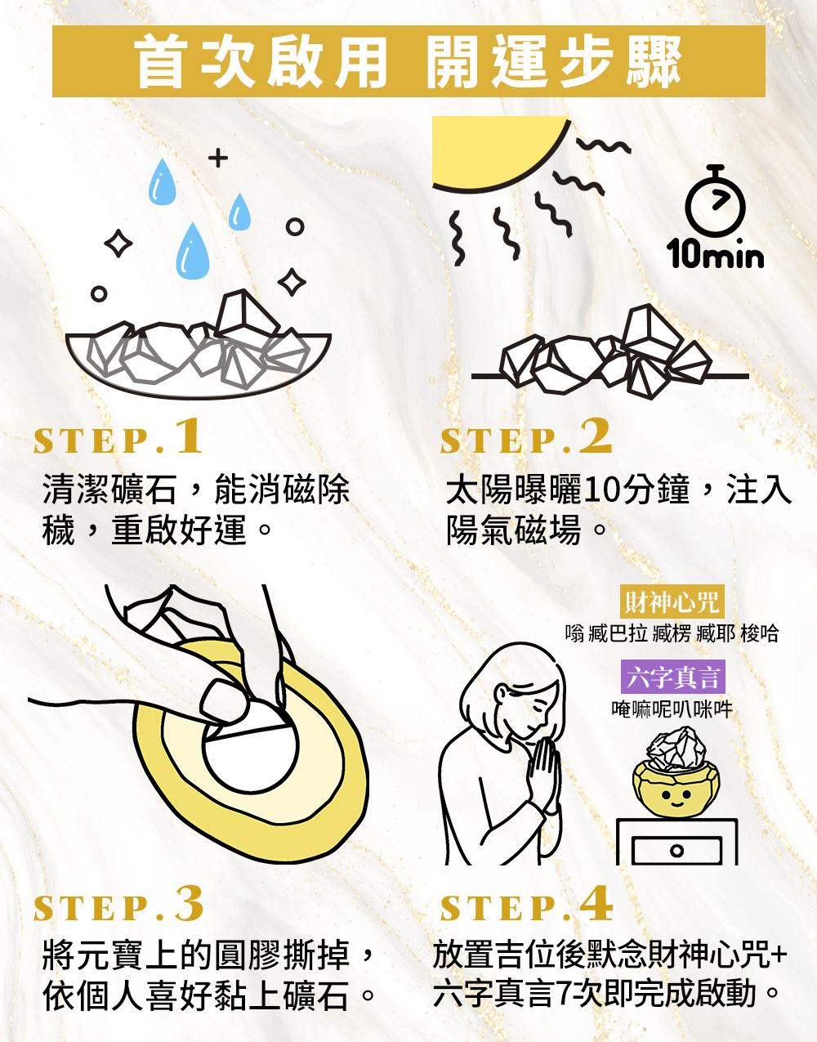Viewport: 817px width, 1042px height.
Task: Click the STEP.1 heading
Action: pos(118,436)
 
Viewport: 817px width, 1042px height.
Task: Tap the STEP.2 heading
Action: pos(526,436)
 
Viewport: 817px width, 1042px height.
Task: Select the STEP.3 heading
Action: pos(118,903)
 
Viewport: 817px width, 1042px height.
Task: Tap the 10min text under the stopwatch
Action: pos(715,254)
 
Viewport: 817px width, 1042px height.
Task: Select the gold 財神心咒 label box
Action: pos(672,601)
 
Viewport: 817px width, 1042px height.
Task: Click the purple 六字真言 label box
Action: pos(672,677)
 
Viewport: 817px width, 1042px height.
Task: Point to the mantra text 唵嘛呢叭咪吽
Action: pos(672,709)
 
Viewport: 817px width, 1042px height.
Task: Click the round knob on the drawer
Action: pos(676,851)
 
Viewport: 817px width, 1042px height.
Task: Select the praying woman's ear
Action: pos(501,693)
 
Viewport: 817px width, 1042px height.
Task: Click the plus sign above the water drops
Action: pos(218,158)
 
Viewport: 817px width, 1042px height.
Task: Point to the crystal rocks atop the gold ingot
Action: pos(676,749)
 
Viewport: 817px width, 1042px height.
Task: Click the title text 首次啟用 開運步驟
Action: pos(408,61)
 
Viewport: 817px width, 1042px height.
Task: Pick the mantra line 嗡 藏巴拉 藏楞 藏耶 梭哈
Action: pos(672,633)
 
